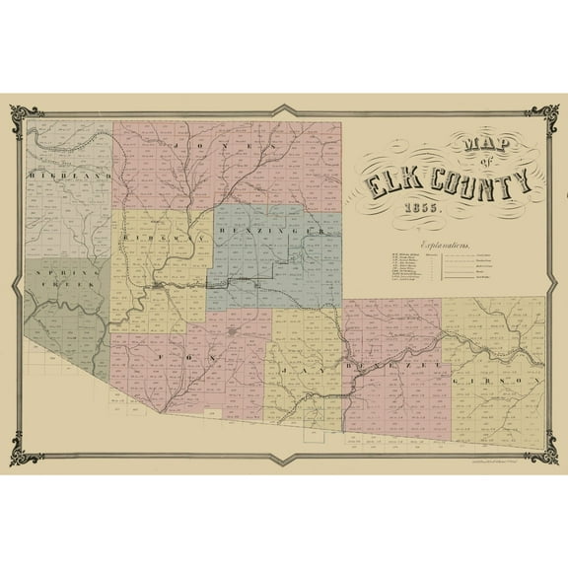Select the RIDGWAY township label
[155, 238]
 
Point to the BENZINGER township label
[273, 231]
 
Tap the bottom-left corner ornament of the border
[31, 459]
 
